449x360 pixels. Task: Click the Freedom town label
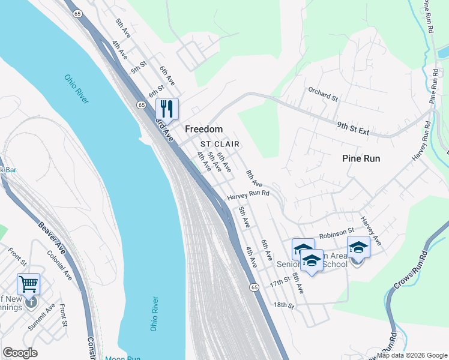tap(203, 129)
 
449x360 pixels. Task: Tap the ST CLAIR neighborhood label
tap(220, 144)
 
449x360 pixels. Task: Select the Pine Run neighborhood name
tap(361, 158)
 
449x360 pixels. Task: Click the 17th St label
tap(279, 283)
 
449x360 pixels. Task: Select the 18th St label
tap(283, 305)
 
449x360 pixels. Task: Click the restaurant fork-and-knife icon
tap(167, 109)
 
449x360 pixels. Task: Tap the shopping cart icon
tap(28, 284)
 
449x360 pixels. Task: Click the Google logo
tap(20, 353)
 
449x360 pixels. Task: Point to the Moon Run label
tap(123, 358)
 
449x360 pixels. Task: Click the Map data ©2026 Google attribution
tap(412, 355)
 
